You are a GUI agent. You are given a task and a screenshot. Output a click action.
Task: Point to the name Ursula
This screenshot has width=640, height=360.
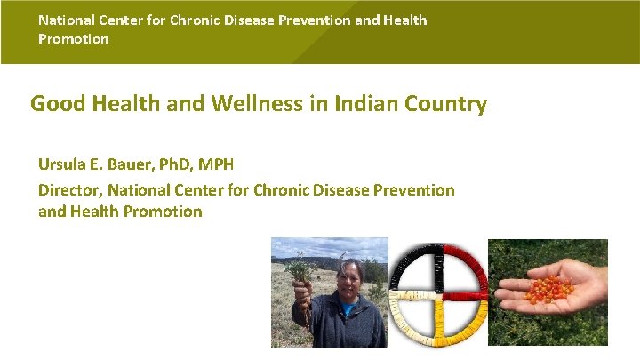[64, 165]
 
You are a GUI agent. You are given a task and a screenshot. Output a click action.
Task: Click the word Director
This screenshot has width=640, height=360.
[69, 189]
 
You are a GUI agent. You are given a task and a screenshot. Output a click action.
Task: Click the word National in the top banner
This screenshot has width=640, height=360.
[68, 20]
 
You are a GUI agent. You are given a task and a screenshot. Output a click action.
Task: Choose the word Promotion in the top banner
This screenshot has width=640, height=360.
[73, 39]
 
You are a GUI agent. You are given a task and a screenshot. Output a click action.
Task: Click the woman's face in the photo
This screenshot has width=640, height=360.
[348, 276]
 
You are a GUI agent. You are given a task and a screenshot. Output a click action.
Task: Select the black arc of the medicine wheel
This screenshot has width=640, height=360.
[413, 262]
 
